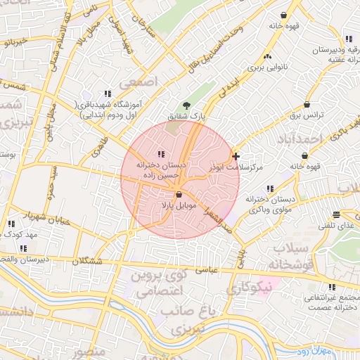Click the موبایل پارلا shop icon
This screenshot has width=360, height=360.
179,194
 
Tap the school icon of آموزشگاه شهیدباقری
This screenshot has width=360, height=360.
108,93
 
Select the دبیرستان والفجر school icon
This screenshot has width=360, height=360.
23,247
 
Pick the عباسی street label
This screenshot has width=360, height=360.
208,269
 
